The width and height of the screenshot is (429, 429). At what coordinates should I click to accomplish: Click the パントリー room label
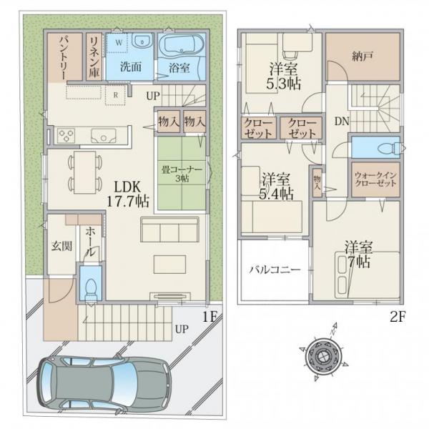[x=64, y=58]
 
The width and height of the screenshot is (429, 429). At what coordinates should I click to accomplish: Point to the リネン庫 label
[x=94, y=57]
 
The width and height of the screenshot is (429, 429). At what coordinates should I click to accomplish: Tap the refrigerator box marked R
[x=115, y=94]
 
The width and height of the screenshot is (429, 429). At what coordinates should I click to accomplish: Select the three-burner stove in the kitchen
[x=66, y=135]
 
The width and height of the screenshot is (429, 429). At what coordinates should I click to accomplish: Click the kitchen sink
[x=104, y=136]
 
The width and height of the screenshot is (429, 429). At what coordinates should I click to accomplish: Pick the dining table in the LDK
[x=85, y=172]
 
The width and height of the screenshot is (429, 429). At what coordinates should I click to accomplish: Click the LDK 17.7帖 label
[x=127, y=194]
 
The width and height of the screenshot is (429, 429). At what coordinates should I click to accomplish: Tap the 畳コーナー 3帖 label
[x=182, y=174]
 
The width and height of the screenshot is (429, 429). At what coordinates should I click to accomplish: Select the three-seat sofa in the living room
[x=170, y=230]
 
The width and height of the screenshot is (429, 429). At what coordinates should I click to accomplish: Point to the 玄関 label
[x=61, y=246]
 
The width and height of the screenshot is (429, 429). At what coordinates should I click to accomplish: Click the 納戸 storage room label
[x=362, y=56]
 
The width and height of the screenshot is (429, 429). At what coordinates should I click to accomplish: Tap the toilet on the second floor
[x=388, y=148]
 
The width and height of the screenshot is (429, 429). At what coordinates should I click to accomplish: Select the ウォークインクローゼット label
[x=375, y=179]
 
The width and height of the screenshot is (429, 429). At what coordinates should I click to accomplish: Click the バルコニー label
[x=275, y=270]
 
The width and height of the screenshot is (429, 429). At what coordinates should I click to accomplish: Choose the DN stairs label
[x=342, y=121]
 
